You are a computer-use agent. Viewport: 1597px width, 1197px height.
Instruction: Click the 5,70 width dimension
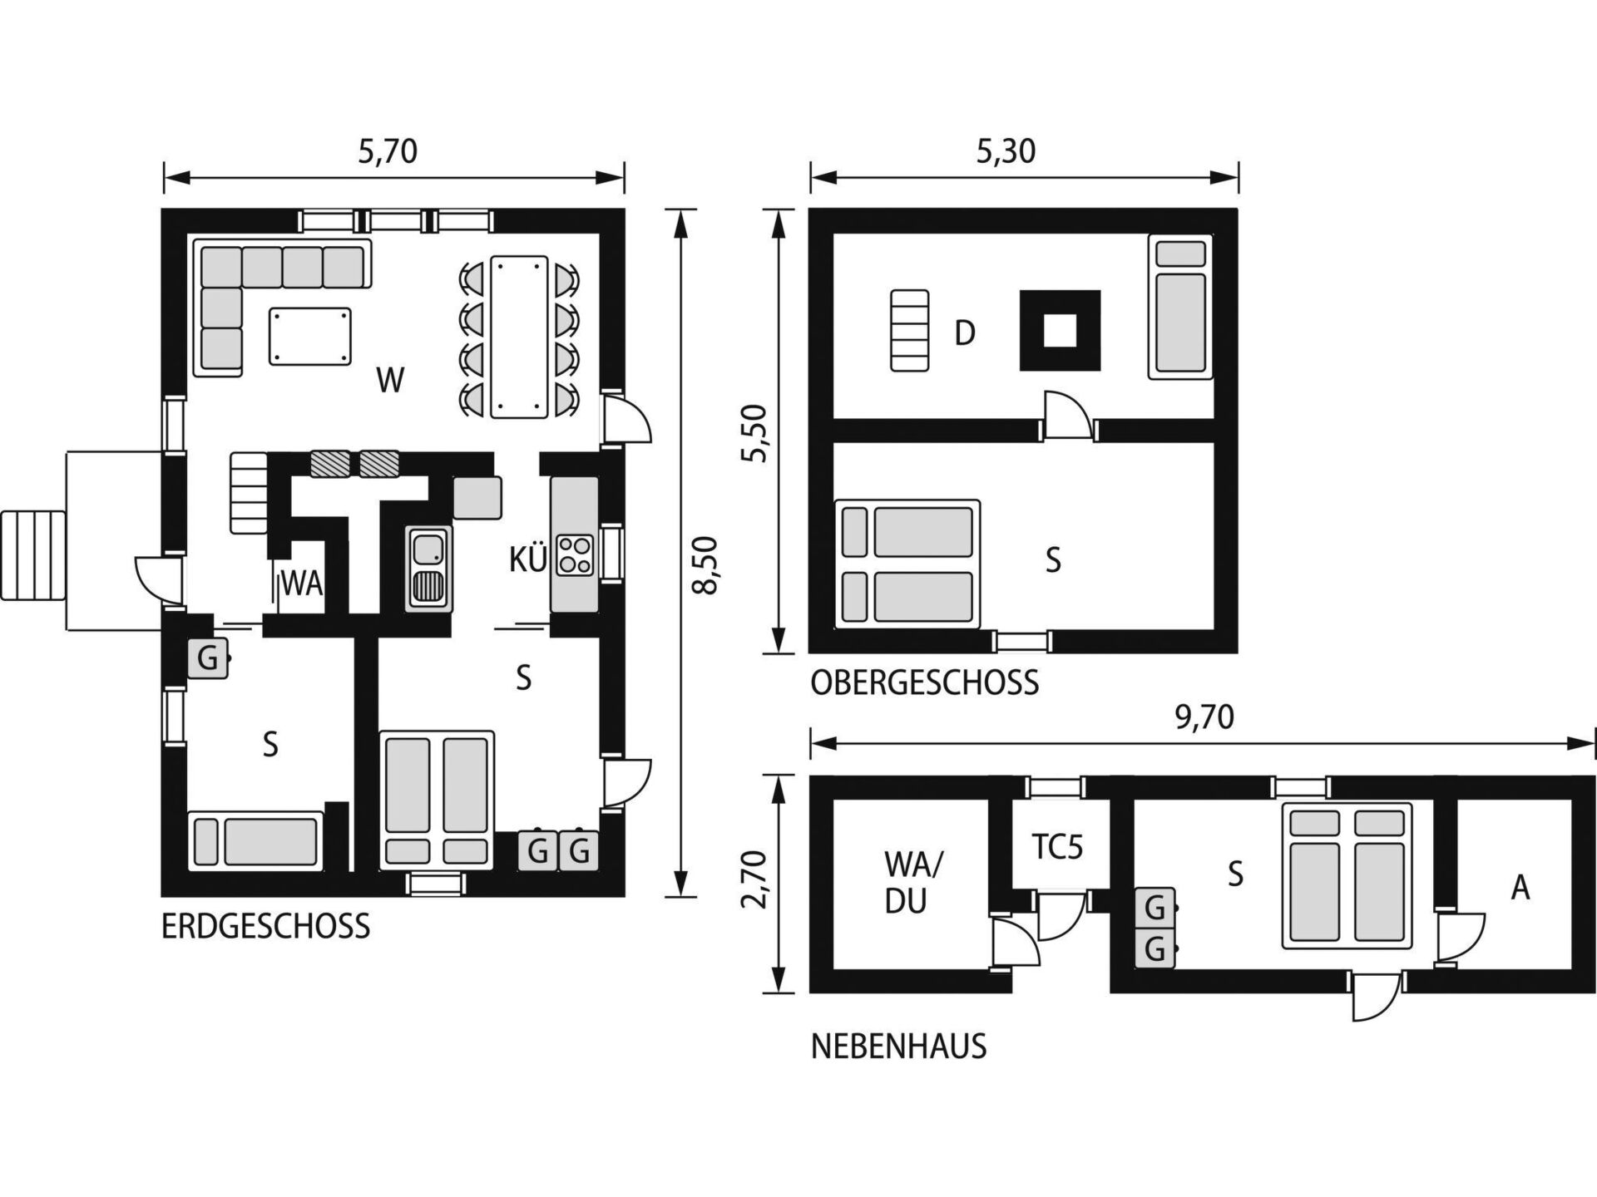click(x=388, y=151)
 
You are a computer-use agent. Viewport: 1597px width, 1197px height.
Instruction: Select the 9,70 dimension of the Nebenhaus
click(x=1204, y=717)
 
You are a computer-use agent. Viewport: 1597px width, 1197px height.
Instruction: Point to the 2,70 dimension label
click(x=754, y=879)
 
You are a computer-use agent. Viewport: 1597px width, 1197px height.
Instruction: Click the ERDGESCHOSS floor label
click(x=265, y=926)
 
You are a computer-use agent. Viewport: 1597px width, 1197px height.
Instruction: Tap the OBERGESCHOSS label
click(x=925, y=683)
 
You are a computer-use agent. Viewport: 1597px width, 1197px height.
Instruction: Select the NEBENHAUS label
click(x=898, y=1047)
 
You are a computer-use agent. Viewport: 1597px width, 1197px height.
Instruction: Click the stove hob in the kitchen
click(x=575, y=554)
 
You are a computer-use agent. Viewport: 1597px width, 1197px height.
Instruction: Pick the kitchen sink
click(x=429, y=569)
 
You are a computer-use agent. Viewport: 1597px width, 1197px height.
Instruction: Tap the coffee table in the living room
click(x=310, y=336)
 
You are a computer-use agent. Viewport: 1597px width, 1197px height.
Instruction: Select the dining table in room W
click(x=519, y=337)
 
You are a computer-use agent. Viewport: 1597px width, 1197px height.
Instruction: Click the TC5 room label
click(x=1057, y=847)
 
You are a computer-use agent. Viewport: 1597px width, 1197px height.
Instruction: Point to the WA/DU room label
click(x=912, y=883)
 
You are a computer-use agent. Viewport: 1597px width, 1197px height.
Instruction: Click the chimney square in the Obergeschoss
click(x=1060, y=330)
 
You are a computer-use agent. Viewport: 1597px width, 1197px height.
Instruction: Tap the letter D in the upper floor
click(x=964, y=333)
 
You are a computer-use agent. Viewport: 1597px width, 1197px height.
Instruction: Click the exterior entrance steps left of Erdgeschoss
click(x=33, y=555)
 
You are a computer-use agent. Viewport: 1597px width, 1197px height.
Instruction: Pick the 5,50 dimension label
click(x=754, y=432)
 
